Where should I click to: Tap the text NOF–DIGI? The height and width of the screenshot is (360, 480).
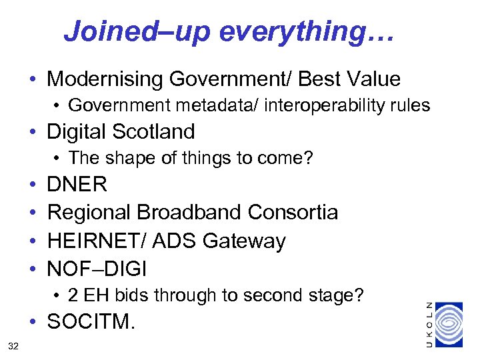[97, 269]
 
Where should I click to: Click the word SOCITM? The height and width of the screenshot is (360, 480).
[91, 323]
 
